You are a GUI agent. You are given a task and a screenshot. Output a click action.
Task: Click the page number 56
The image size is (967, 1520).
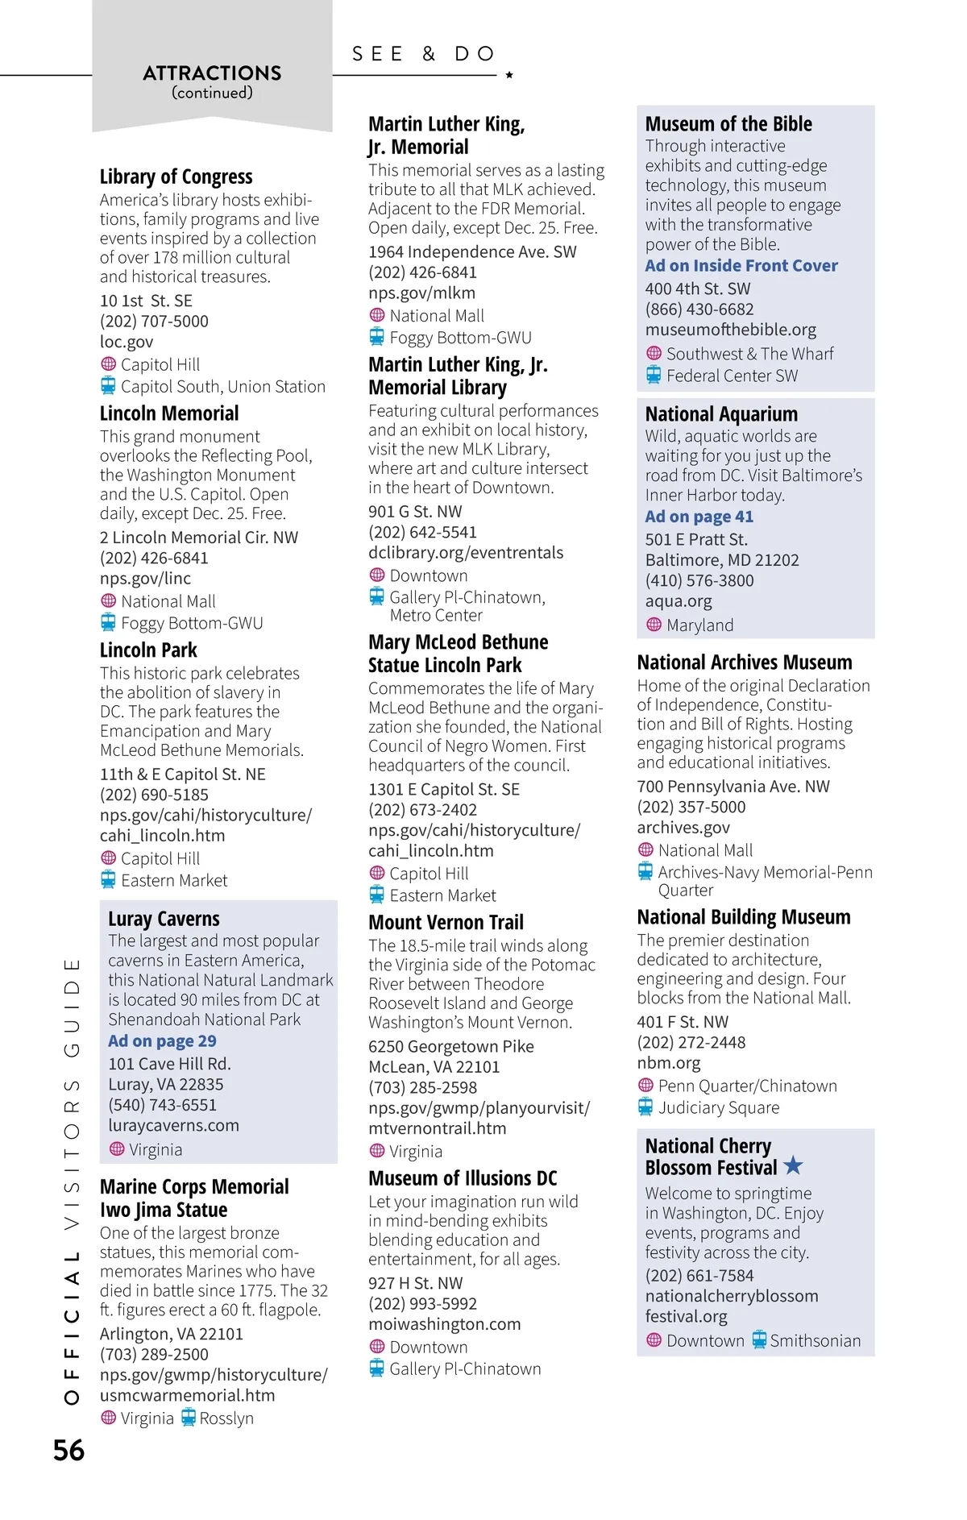click(68, 1451)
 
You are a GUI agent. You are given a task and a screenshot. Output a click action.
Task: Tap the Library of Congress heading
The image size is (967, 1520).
click(176, 177)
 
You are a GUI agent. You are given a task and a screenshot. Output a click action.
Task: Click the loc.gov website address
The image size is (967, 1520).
click(127, 342)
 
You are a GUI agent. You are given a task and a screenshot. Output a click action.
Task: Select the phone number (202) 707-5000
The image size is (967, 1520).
click(154, 321)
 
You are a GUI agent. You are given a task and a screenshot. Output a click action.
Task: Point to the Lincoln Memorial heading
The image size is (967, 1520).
click(169, 413)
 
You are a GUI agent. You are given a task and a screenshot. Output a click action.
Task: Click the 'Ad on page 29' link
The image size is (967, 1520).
click(162, 1041)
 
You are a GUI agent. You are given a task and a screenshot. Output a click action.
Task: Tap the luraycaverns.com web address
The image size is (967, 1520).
click(173, 1125)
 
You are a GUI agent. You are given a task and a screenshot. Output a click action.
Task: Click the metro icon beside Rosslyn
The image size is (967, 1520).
click(188, 1418)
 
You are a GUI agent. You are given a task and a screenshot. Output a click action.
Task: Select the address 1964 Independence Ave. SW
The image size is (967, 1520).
click(472, 252)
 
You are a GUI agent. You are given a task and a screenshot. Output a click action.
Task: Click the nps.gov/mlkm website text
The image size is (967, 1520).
click(421, 293)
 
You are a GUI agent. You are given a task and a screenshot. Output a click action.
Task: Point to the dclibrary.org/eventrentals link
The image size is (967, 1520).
click(466, 553)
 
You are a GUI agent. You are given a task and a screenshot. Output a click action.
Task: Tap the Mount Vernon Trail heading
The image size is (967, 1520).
click(446, 922)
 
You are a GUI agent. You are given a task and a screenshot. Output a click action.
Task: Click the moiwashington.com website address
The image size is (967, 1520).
click(444, 1324)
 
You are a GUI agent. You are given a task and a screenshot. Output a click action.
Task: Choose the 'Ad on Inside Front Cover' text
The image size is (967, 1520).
click(741, 266)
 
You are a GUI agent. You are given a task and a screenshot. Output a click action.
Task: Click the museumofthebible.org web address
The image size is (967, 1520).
click(730, 330)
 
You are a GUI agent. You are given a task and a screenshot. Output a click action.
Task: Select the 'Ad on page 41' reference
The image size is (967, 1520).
click(699, 517)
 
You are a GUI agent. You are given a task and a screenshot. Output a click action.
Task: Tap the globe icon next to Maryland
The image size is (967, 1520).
click(654, 625)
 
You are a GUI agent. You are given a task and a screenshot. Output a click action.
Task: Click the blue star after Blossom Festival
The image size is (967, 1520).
click(793, 1165)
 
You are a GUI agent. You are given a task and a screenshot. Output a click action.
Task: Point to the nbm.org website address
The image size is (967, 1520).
click(668, 1063)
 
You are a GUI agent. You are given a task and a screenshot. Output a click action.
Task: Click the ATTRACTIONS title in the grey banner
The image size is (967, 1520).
click(212, 73)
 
